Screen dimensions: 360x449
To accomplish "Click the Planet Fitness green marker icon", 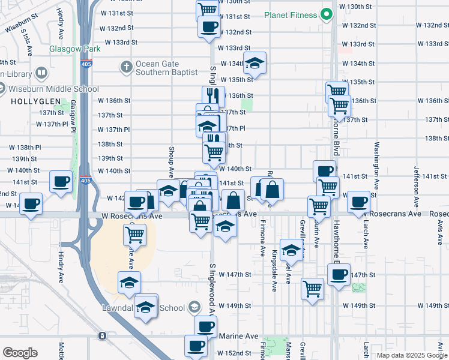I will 327,14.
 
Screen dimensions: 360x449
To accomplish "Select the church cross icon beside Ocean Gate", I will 126,67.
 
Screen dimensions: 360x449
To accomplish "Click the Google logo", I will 20,353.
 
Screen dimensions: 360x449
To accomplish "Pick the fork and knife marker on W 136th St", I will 213,95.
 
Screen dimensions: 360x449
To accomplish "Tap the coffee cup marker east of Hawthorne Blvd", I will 359,201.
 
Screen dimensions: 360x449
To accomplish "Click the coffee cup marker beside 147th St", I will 339,274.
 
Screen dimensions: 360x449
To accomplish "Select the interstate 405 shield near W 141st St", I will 86,180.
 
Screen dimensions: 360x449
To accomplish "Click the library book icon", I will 41,73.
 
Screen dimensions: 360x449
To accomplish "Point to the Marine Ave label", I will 237,337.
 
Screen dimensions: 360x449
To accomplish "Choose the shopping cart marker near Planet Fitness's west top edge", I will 206,9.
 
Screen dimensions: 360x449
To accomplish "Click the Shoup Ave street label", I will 171,163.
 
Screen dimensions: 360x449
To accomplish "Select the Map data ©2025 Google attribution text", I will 411,355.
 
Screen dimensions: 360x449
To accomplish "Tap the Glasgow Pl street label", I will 73,116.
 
